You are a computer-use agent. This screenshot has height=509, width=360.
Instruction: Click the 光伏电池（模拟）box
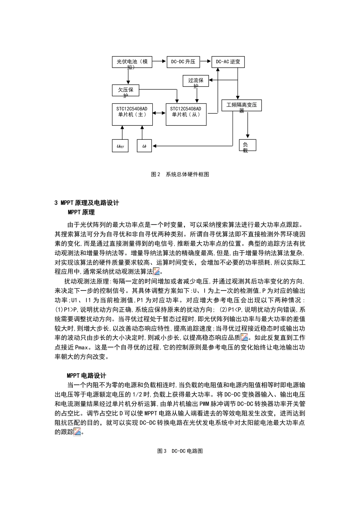(132, 62)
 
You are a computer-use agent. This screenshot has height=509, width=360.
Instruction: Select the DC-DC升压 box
(183, 62)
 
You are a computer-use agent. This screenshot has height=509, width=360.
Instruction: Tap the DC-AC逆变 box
(228, 62)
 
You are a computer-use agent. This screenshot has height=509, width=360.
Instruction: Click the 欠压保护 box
(125, 91)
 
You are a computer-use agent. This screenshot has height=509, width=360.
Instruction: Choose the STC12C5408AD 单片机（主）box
(132, 114)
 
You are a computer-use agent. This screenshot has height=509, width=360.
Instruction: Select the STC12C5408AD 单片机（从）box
(186, 114)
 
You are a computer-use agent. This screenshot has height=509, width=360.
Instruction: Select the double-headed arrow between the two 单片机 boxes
(159, 114)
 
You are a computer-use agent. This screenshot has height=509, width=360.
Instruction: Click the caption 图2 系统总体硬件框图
(180, 174)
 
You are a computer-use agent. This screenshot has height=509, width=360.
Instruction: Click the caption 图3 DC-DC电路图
(180, 451)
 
